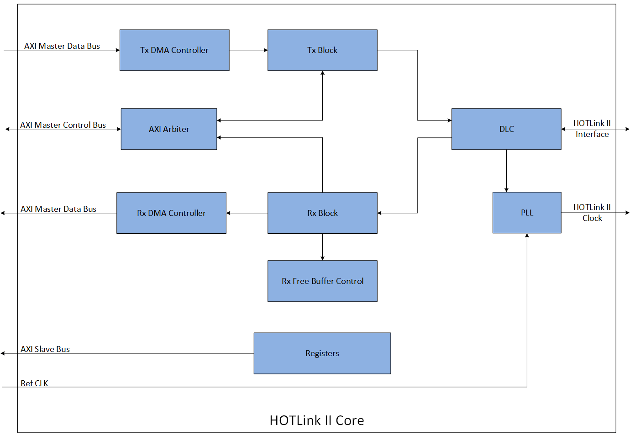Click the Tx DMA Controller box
pos(174,50)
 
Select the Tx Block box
pos(322,50)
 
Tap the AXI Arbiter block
pos(169,129)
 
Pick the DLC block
pos(506,129)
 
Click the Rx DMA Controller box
pos(171,213)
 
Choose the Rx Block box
pos(322,213)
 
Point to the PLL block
pos(527,213)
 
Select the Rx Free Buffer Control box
pos(322,281)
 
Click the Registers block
pos(322,353)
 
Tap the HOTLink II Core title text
pos(317,420)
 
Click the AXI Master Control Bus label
pos(63,125)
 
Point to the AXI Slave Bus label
pos(45,349)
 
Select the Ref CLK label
pos(34,383)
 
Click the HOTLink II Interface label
pos(592,129)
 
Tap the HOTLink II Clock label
pos(592,213)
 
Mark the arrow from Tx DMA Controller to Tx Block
pos(248,50)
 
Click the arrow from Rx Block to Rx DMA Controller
pos(247,213)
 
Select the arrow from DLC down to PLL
pos(506,171)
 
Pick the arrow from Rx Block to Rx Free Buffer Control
pos(322,247)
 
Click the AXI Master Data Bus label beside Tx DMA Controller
pos(62,46)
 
